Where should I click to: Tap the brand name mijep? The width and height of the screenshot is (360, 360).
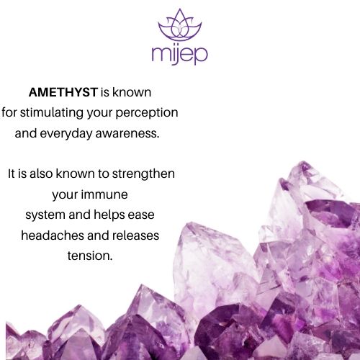pos(179,55)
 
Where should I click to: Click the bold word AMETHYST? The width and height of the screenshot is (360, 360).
pos(63,92)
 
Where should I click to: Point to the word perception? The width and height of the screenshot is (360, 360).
pos(147,113)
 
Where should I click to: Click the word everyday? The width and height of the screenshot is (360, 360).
pos(66,134)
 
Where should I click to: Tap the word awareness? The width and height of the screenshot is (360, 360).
pos(127,133)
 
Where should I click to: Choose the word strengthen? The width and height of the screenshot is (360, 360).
pos(143,174)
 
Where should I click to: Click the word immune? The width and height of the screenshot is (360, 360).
pos(104,194)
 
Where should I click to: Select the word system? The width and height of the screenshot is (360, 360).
pos(45,215)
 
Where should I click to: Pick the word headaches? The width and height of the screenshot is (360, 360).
pos(53,235)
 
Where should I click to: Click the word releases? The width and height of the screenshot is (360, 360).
pos(135,235)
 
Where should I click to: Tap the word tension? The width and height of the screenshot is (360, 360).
pos(90,256)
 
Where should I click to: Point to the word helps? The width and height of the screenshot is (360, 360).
pos(109,215)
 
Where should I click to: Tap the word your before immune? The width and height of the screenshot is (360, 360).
pos(65,195)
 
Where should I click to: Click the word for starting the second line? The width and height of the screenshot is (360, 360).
pos(9,113)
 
